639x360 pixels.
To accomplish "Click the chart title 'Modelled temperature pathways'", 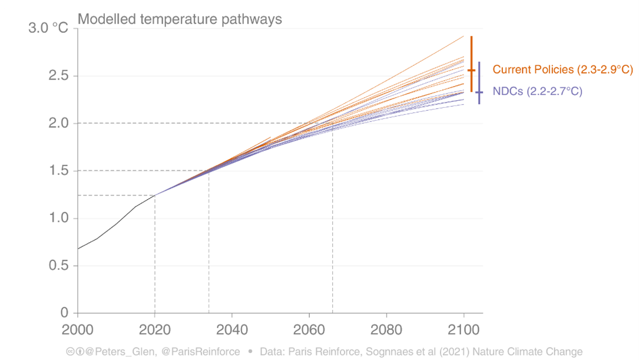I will tap(180, 19).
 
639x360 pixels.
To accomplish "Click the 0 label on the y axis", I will tap(65, 313).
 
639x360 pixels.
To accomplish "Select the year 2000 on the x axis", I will tap(78, 328).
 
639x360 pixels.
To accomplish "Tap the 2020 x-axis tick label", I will tap(155, 328).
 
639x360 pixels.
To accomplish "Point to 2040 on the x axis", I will tap(232, 328).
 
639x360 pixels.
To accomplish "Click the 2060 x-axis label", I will tap(309, 328).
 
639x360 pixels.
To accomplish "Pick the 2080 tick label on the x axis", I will tap(386, 328).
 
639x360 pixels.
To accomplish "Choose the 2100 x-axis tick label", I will tap(464, 328).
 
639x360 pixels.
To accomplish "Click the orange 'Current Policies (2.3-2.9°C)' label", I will tap(562, 70).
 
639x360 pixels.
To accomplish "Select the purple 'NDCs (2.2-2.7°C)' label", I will tap(537, 91).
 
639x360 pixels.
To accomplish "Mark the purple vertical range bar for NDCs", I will tap(479, 83).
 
